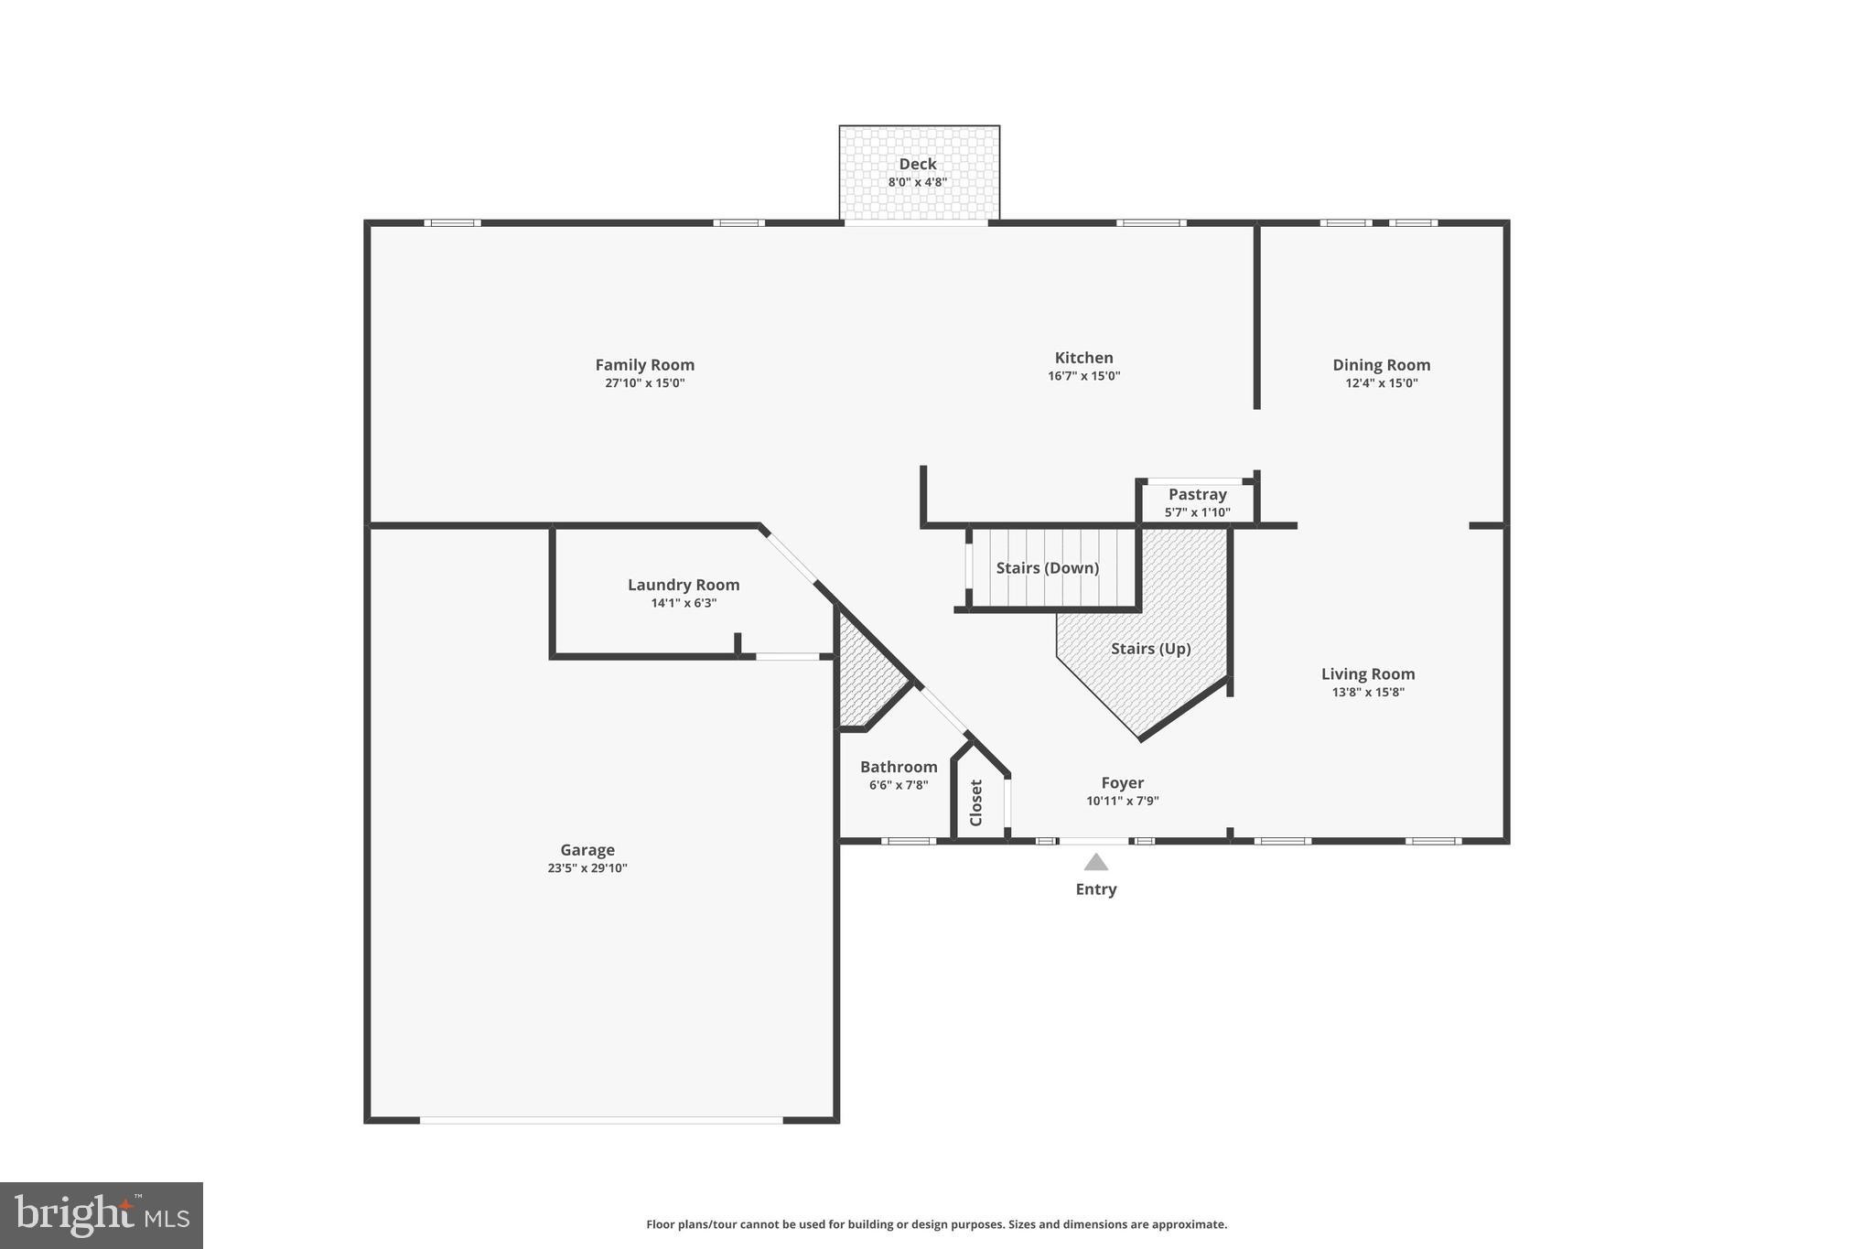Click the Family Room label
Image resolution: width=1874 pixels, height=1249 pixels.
coord(644,365)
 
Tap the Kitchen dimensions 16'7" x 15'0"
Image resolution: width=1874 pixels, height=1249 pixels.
coord(1083,376)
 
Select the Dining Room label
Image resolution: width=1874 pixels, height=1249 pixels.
coord(1381,365)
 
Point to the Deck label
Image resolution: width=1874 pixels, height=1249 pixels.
coord(917,164)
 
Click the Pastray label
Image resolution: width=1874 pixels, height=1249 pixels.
coord(1197,494)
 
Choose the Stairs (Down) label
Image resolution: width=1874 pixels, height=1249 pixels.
coord(1047,568)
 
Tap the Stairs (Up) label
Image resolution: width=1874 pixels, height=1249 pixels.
coord(1150,649)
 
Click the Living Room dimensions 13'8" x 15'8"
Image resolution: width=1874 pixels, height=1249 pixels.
coord(1367,692)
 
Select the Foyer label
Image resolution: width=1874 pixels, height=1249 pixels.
coord(1122,783)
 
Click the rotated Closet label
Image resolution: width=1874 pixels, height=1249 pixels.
coord(975,802)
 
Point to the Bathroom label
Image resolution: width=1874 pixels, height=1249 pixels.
coord(898,767)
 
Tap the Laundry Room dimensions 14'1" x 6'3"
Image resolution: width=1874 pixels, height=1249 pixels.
coord(683,603)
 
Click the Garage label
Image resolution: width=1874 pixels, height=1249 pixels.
coord(587,850)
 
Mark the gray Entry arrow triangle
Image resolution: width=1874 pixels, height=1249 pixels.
coord(1095,862)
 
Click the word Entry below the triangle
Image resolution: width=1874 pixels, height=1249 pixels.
coord(1095,889)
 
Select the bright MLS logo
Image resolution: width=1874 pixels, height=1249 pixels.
coord(102,1215)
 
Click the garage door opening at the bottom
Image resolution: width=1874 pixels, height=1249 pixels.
coord(601,1119)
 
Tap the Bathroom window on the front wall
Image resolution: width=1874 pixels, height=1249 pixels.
coord(908,841)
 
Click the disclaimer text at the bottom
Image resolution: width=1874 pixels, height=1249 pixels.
coord(936,1224)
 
